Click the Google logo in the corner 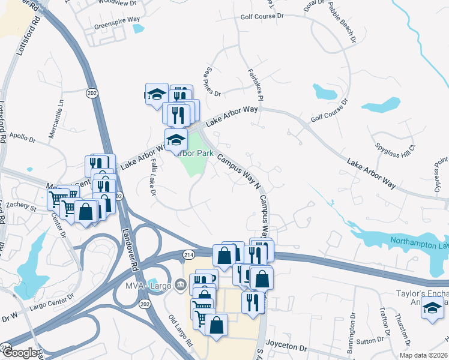19,353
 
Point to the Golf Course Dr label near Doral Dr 262,16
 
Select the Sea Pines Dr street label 214,82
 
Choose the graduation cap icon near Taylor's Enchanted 432,309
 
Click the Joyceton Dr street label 286,347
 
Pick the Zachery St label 22,206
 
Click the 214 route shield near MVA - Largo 188,255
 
